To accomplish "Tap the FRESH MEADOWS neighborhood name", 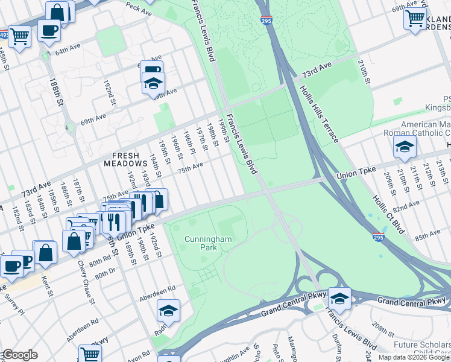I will pyautogui.click(x=130, y=159).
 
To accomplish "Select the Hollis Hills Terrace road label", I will pyautogui.click(x=318, y=115).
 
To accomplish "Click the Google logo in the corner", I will pyautogui.click(x=19, y=355).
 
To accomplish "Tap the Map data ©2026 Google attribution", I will pyautogui.click(x=414, y=357).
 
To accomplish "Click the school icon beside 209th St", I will pyautogui.click(x=405, y=146).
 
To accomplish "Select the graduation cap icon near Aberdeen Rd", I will pyautogui.click(x=168, y=311).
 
